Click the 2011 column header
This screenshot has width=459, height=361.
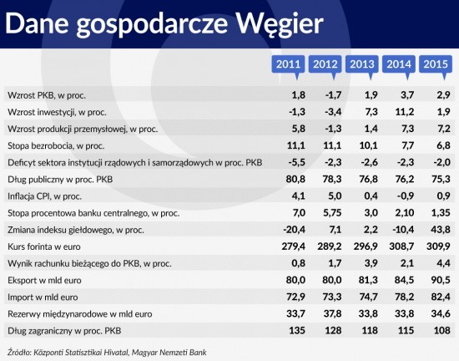289,64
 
